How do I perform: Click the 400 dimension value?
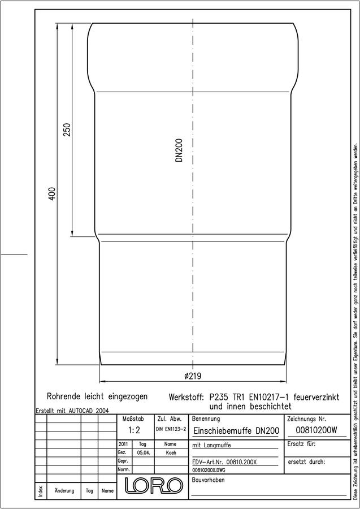tap(52, 193)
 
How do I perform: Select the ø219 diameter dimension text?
tap(193, 376)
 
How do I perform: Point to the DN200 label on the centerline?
tap(179, 150)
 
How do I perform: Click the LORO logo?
tap(153, 484)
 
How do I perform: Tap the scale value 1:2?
tap(134, 431)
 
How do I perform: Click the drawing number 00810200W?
tap(316, 430)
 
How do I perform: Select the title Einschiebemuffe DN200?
tap(236, 431)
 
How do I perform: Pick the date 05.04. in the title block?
tap(143, 453)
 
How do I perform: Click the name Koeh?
tap(171, 453)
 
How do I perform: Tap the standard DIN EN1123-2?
tap(171, 429)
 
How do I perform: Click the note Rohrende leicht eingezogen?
tap(97, 396)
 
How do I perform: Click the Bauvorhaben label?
tap(208, 480)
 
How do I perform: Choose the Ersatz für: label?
tap(301, 444)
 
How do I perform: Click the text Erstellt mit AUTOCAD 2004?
tap(72, 411)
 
